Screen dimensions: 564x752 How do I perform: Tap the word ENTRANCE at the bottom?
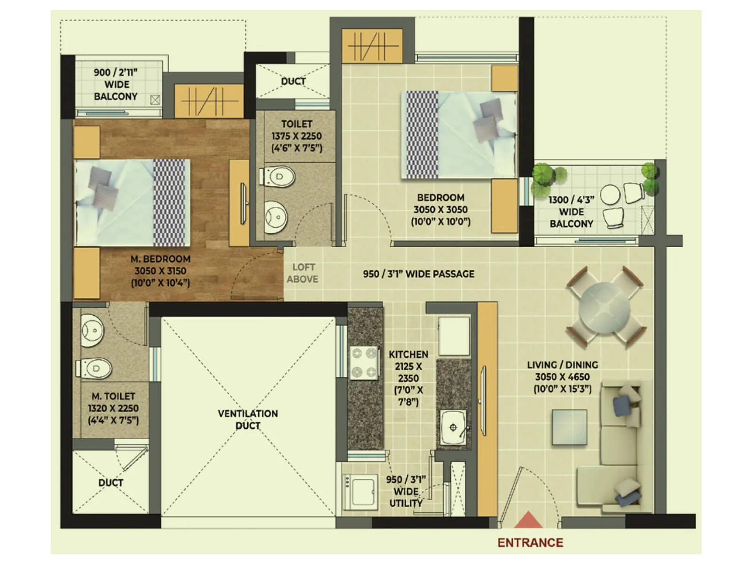[x=530, y=543]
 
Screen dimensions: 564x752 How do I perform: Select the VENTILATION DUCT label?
[x=248, y=419]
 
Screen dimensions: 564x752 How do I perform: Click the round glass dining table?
[x=604, y=308]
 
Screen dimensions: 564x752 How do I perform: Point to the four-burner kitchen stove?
[x=364, y=363]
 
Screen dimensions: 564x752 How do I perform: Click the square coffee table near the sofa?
[x=569, y=427]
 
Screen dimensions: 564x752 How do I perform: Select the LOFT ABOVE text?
[x=303, y=273]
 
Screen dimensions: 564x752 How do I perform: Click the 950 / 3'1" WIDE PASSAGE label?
[x=418, y=274]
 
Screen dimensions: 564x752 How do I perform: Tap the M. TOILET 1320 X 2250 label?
[x=113, y=408]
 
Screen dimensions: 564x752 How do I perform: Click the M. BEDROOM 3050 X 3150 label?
[x=160, y=271]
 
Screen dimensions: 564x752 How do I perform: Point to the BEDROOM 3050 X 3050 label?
[x=440, y=210]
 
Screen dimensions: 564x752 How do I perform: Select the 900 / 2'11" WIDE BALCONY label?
[x=116, y=85]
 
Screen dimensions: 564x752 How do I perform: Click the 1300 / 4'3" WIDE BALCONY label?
[x=571, y=212]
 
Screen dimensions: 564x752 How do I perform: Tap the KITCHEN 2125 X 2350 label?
[x=408, y=378]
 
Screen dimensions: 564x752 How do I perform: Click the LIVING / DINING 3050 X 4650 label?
[x=562, y=377]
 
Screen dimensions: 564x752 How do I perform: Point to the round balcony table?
[x=610, y=195]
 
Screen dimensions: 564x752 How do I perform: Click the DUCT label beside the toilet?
[x=293, y=81]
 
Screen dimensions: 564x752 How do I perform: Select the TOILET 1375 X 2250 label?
[x=297, y=136]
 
